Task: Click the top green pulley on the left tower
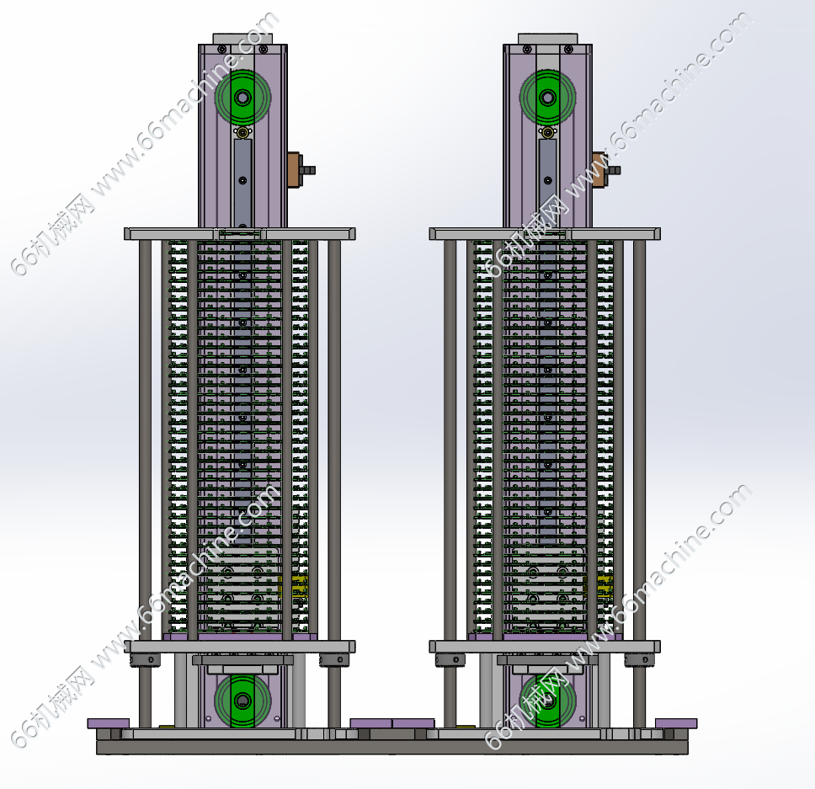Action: (x=242, y=98)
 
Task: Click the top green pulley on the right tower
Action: (x=547, y=98)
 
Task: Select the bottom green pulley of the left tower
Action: (x=242, y=700)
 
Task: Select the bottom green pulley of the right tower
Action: (x=547, y=700)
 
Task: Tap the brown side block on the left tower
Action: (x=295, y=169)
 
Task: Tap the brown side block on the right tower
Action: (x=599, y=169)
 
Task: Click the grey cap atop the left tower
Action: (x=242, y=39)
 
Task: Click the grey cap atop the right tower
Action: (x=547, y=39)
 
